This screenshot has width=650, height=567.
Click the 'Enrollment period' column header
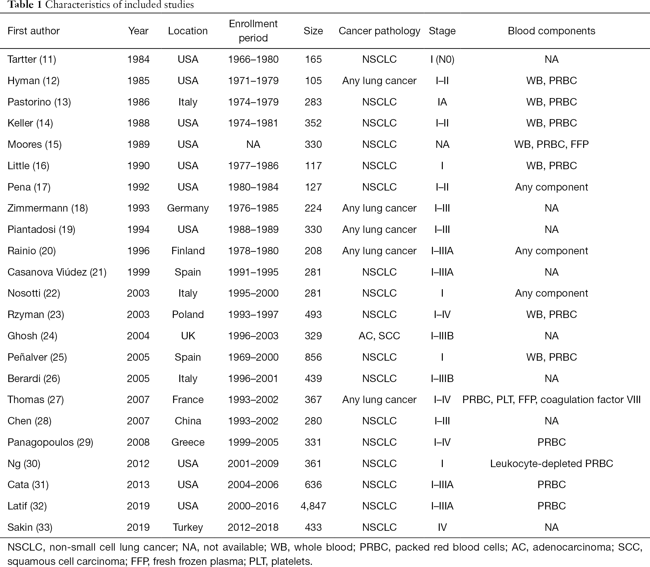pos(253,31)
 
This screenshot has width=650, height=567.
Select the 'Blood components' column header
pos(551,31)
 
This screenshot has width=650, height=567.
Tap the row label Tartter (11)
pos(32,59)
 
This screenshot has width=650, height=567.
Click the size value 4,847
pos(313,506)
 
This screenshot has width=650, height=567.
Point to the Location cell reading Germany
pos(188,208)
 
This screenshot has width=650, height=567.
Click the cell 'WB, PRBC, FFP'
pos(551,144)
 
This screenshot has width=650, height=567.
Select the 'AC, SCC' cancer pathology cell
pos(379,335)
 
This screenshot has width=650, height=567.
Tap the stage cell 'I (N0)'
pos(442,59)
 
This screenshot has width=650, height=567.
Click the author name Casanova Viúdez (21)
pos(57,272)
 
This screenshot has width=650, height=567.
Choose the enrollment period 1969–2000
pos(253,357)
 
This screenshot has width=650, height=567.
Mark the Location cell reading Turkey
pos(188,527)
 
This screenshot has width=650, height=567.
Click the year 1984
pos(138,59)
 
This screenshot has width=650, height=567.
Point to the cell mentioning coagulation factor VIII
pos(551,399)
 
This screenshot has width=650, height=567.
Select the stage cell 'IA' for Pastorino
pos(442,102)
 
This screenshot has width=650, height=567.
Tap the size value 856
pos(313,357)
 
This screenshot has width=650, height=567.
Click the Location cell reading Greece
pos(188,442)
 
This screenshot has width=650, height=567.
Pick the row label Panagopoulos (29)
pos(50,442)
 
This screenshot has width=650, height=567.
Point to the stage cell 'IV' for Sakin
pos(442,527)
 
